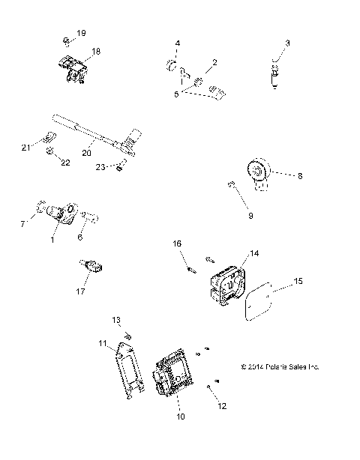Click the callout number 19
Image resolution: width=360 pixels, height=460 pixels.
[x=81, y=34]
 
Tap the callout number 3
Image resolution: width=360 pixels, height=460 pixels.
[x=287, y=43]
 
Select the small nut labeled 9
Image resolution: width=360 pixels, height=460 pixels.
[x=231, y=184]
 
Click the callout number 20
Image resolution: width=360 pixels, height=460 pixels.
[x=86, y=151]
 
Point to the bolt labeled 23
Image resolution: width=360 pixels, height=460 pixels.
[x=121, y=166]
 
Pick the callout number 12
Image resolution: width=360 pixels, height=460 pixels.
[x=220, y=406]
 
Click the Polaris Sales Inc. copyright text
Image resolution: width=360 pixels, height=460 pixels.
[x=280, y=367]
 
